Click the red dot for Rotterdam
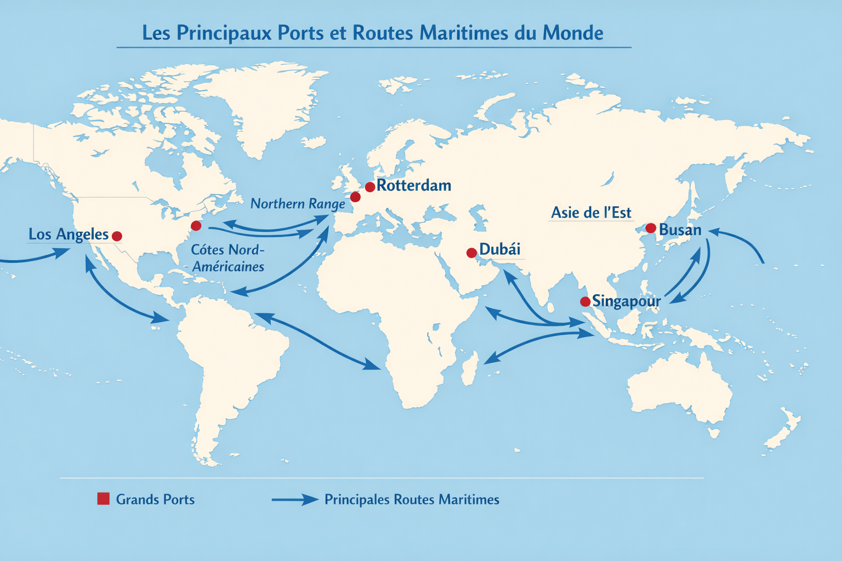pyautogui.click(x=370, y=187)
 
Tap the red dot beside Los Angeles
pyautogui.click(x=117, y=236)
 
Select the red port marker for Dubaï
pyautogui.click(x=471, y=253)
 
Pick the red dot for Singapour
pyautogui.click(x=585, y=302)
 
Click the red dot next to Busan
pyautogui.click(x=651, y=228)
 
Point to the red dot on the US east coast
pyautogui.click(x=196, y=226)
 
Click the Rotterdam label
pyautogui.click(x=414, y=186)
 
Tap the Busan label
pyautogui.click(x=680, y=230)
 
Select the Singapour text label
pyautogui.click(x=627, y=301)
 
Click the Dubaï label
pyautogui.click(x=499, y=249)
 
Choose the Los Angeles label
pyautogui.click(x=69, y=234)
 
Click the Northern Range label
pyautogui.click(x=298, y=204)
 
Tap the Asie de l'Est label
pyautogui.click(x=591, y=213)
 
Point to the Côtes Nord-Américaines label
pyautogui.click(x=227, y=258)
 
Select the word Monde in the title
pyautogui.click(x=573, y=33)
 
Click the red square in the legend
pyautogui.click(x=103, y=499)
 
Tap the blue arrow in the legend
pyautogui.click(x=295, y=500)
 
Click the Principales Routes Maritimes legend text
pyautogui.click(x=412, y=500)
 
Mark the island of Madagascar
pyautogui.click(x=469, y=369)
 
